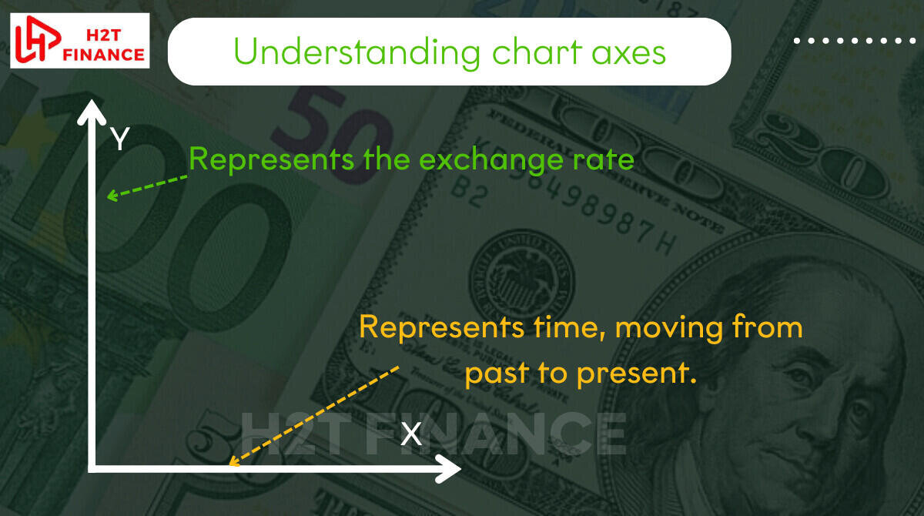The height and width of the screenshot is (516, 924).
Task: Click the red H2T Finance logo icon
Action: pos(38,39)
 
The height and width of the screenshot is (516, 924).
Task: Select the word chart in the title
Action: pos(537,52)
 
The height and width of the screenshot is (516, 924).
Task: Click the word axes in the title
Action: pos(629,55)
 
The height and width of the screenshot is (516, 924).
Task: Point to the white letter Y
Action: pos(119,139)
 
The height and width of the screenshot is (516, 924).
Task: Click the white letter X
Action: pos(411,434)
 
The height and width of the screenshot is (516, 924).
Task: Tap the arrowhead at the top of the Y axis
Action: pos(92,112)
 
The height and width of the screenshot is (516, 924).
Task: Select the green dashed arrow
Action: pos(147,187)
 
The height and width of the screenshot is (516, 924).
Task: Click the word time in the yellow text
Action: pos(569,328)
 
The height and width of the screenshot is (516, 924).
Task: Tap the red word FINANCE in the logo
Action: pos(103,55)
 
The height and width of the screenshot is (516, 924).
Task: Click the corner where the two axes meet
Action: pos(92,468)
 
